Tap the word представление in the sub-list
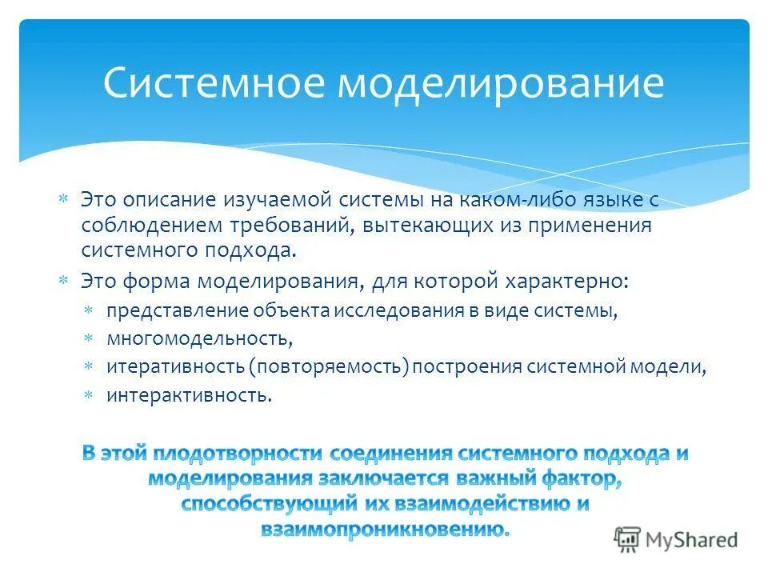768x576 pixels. coord(178,311)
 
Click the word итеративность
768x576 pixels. coord(174,367)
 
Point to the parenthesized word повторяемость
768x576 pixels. coord(329,367)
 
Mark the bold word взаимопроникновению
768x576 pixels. coord(384,529)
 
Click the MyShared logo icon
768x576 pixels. coord(627,539)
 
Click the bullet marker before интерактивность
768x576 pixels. coord(90,394)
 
